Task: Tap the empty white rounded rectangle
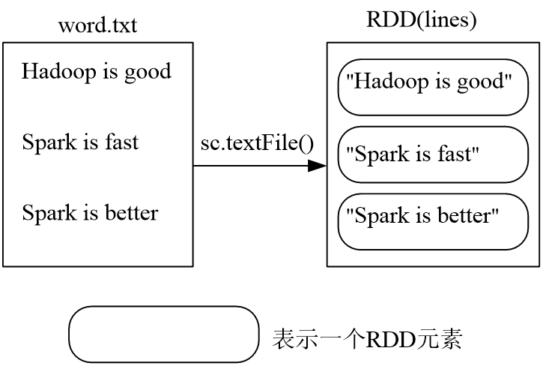pos(163,334)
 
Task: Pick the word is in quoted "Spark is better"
pos(424,217)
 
